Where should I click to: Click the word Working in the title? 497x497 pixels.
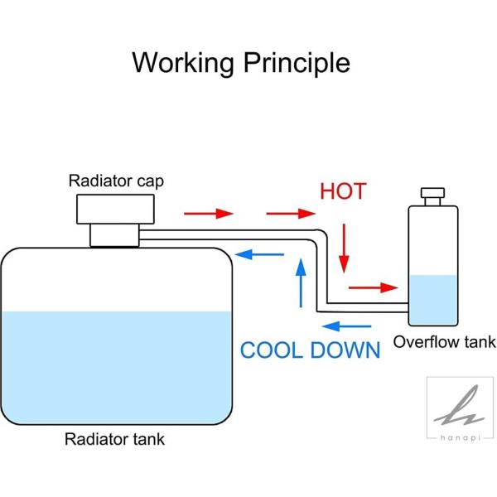click(x=183, y=63)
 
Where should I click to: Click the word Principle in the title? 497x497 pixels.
click(x=297, y=63)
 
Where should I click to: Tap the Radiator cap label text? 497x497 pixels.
click(x=116, y=181)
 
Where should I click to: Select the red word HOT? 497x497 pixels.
click(x=343, y=191)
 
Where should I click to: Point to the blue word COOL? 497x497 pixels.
click(x=272, y=350)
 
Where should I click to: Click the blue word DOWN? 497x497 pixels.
click(x=345, y=350)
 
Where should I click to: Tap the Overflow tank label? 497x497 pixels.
click(x=444, y=342)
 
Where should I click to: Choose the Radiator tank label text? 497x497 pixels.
click(x=114, y=439)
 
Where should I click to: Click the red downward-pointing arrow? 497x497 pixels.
click(x=344, y=248)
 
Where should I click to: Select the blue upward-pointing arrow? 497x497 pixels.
click(x=301, y=283)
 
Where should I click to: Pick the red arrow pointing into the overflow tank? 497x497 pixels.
click(x=373, y=287)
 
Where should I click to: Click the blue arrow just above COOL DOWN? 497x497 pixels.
click(x=346, y=326)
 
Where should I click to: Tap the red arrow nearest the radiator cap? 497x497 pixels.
click(x=209, y=214)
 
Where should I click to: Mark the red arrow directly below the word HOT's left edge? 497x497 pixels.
click(x=291, y=214)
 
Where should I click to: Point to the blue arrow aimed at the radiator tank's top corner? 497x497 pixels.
click(x=259, y=254)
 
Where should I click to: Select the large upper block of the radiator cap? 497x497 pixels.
click(x=115, y=210)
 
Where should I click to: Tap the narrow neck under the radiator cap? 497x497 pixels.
click(x=114, y=235)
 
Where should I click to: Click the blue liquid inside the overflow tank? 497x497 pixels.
click(x=433, y=300)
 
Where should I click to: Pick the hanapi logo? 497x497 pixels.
click(x=460, y=408)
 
